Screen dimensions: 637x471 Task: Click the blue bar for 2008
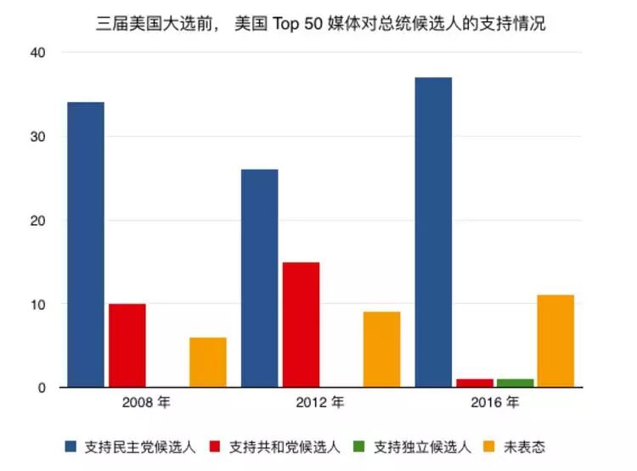[86, 244]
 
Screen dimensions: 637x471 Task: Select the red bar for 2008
[127, 345]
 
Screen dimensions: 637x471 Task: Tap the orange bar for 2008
[208, 362]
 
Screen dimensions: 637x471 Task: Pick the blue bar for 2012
[260, 278]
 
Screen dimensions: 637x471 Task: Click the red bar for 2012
[301, 325]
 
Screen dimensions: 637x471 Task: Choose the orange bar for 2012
[382, 350]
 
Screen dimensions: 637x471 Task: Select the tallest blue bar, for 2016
[433, 233]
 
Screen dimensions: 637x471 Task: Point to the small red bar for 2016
[475, 383]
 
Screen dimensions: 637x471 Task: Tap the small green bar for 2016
[516, 383]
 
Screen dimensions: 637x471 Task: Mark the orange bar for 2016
[555, 341]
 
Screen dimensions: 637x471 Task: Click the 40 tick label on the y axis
[37, 53]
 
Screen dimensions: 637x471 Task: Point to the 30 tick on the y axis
[37, 137]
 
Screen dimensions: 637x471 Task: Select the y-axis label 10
[37, 304]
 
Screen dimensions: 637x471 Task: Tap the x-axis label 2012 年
[320, 402]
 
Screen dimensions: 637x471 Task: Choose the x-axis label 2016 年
[495, 402]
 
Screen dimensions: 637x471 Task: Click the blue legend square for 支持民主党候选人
[70, 446]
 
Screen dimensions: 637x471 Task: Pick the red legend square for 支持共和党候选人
[215, 446]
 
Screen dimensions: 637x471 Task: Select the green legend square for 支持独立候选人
[358, 446]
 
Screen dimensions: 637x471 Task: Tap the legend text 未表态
[524, 447]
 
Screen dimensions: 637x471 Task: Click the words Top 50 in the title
[297, 24]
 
